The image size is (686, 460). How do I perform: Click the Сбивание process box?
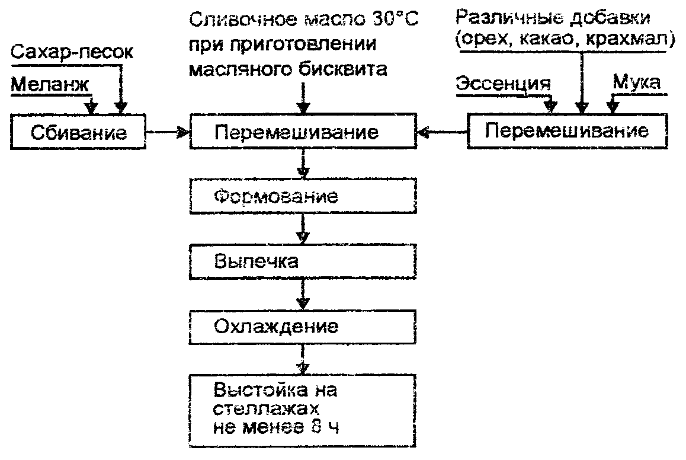tap(78, 131)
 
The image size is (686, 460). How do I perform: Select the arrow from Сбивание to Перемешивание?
tap(168, 132)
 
